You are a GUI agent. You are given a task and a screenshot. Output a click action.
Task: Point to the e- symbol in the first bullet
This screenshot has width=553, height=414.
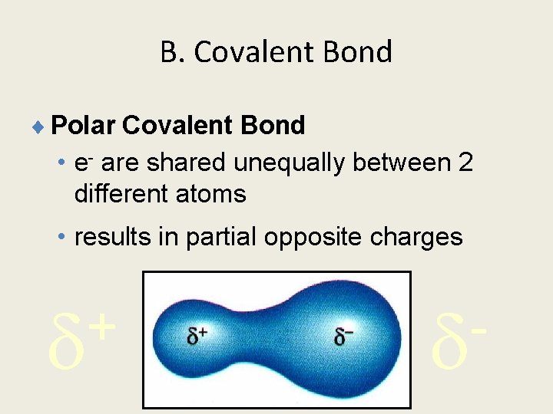pyautogui.click(x=83, y=163)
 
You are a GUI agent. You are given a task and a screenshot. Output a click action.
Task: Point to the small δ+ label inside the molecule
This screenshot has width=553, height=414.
pyautogui.click(x=198, y=334)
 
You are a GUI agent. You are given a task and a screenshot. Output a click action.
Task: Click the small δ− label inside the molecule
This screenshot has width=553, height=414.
pyautogui.click(x=343, y=334)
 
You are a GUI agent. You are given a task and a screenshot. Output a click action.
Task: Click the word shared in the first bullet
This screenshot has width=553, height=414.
pyautogui.click(x=189, y=163)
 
